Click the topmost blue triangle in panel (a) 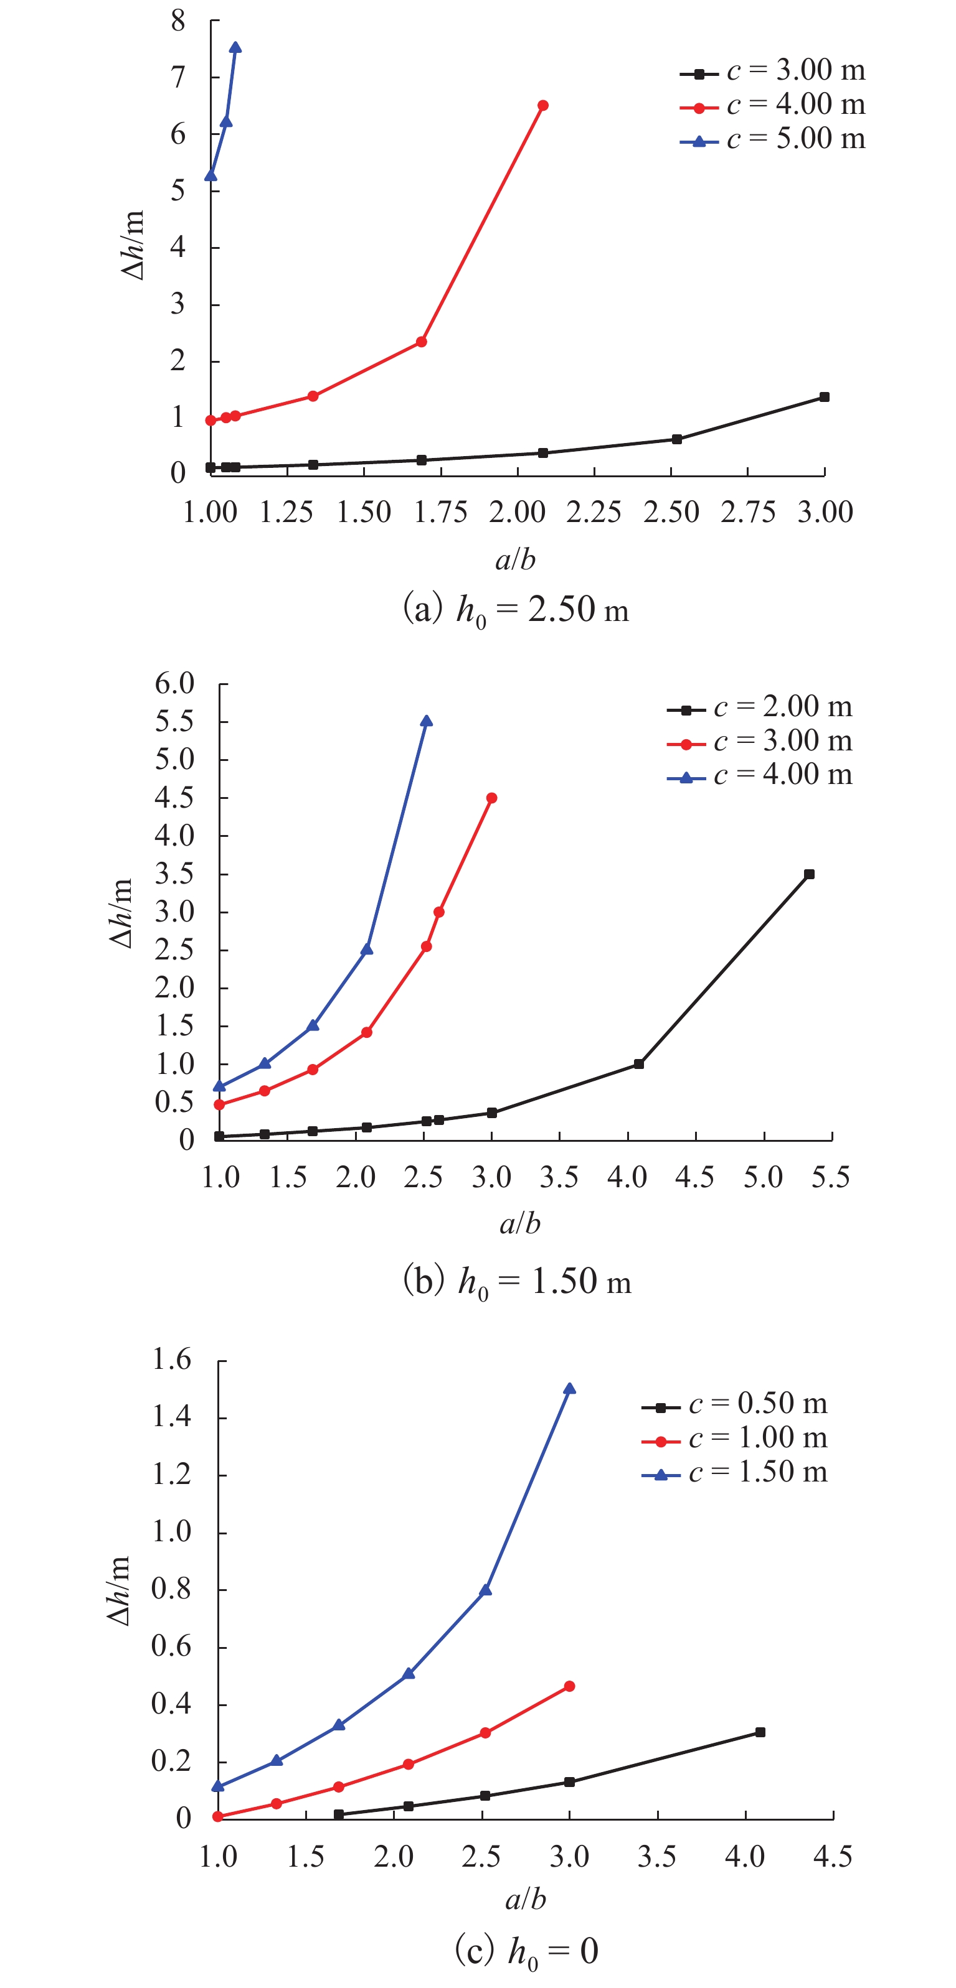tap(235, 48)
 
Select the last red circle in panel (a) tap(543, 106)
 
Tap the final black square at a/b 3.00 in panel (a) tap(824, 398)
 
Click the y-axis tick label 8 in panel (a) tap(178, 21)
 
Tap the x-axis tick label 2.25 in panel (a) tap(594, 513)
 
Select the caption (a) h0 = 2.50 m tap(516, 610)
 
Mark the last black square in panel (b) tap(809, 874)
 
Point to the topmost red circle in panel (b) tap(492, 798)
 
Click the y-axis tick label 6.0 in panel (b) tap(174, 684)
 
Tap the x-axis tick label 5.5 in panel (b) tap(831, 1178)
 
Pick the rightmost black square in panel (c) tap(760, 1732)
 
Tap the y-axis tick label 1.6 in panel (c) tap(171, 1359)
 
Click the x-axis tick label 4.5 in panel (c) tap(833, 1856)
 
